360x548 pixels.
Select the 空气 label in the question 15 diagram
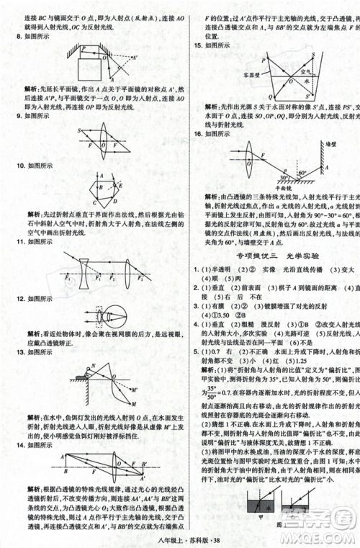tap(304, 71)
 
